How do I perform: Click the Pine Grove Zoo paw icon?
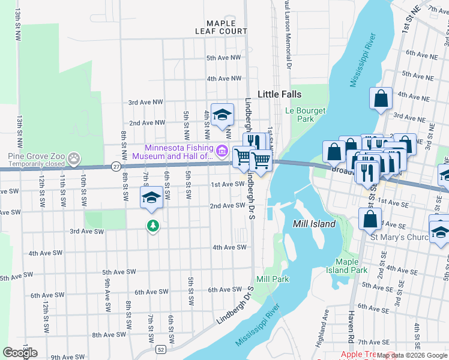(x=74, y=159)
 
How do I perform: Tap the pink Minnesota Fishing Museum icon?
(x=222, y=150)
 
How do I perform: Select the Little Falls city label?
(x=279, y=94)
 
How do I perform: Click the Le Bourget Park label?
(x=305, y=115)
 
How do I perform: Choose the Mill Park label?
(x=272, y=279)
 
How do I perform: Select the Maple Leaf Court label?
(x=221, y=27)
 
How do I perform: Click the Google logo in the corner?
(x=20, y=353)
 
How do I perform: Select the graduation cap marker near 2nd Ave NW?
(x=222, y=114)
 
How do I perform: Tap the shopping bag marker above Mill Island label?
(x=370, y=219)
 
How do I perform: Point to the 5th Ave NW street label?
(x=223, y=58)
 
